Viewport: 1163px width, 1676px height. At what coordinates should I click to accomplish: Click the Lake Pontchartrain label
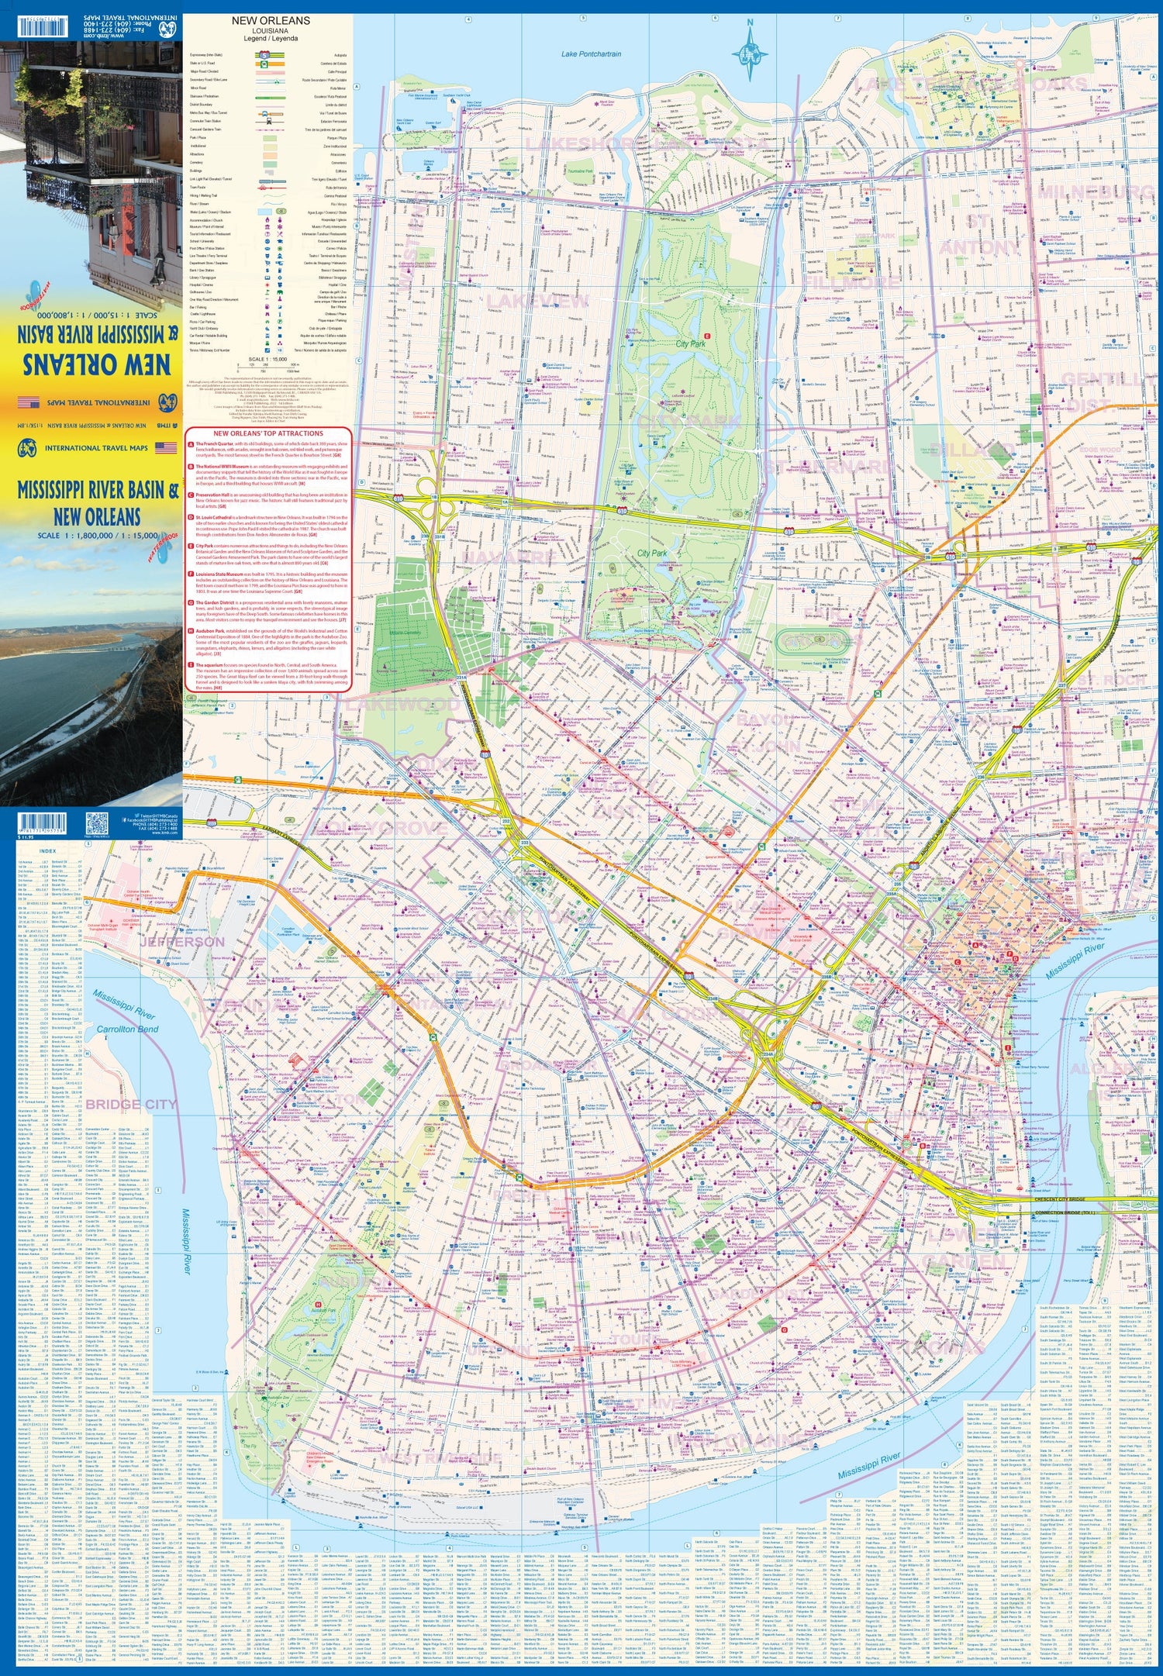coord(591,53)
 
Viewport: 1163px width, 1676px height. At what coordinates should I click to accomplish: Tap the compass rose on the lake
coord(750,53)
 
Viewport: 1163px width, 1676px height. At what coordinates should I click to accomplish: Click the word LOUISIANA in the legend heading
coord(266,30)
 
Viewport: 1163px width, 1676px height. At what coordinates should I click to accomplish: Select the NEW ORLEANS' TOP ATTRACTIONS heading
coord(267,433)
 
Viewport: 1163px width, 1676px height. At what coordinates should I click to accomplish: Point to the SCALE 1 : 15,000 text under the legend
coord(267,360)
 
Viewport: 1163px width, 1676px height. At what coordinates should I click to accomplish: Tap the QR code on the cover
coord(97,822)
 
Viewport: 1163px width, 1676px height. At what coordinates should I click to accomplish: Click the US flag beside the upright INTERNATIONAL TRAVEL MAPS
coord(165,447)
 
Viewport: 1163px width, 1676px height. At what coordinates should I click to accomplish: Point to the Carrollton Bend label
coord(127,1029)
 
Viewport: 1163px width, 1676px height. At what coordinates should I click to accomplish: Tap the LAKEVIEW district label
coord(538,301)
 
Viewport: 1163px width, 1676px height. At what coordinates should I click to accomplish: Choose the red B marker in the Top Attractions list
coord(191,467)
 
